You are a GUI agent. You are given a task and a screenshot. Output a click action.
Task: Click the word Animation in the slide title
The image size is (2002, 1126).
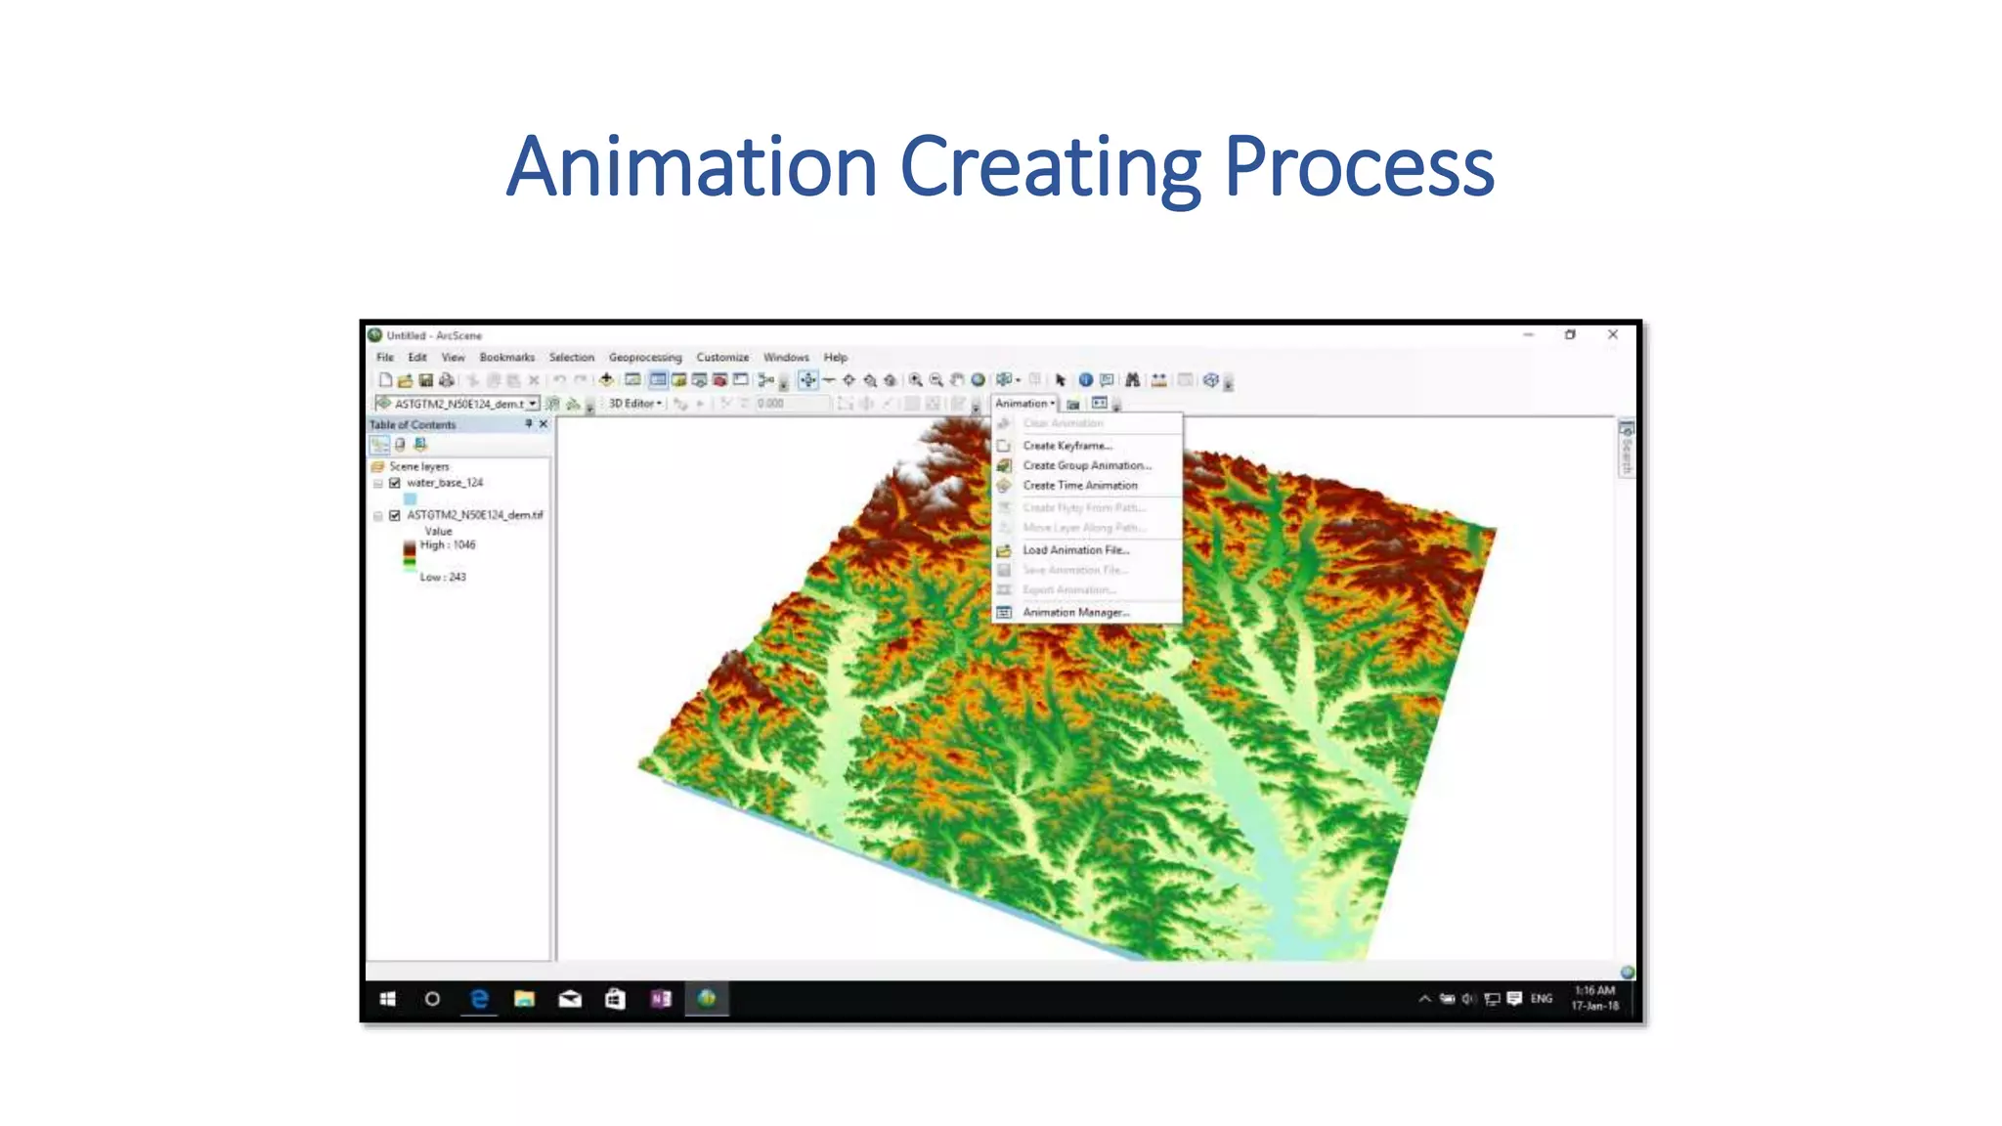click(x=691, y=166)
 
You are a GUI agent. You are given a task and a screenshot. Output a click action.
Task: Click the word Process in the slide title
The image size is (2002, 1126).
click(x=1359, y=168)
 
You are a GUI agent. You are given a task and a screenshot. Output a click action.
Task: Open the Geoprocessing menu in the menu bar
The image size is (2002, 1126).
click(x=645, y=358)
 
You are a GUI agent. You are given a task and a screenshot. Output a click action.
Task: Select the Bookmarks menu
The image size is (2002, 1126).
click(x=506, y=358)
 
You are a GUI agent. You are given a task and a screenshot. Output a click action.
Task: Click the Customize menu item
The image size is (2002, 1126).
click(x=722, y=358)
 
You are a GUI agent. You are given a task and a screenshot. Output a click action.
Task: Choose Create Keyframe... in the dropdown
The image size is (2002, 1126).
click(x=1067, y=446)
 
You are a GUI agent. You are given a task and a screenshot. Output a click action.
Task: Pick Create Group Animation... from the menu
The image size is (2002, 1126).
click(x=1087, y=466)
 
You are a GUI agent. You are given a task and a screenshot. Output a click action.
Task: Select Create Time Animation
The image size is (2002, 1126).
click(x=1080, y=486)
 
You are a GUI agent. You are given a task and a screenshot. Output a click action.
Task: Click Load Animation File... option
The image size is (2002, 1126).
click(x=1076, y=550)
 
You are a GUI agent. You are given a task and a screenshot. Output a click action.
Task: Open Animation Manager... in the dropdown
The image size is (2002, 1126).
click(x=1076, y=613)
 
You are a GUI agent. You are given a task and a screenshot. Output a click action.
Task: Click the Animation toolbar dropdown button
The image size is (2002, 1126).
click(x=1024, y=404)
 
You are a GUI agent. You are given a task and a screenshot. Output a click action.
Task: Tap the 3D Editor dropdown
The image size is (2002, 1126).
click(x=634, y=404)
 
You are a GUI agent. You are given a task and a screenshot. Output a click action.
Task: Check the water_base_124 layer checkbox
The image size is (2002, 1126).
click(x=395, y=483)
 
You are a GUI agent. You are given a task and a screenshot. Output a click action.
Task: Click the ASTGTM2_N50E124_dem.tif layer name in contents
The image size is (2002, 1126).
click(x=475, y=515)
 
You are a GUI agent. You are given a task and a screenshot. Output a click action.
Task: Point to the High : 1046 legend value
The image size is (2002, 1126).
click(x=448, y=545)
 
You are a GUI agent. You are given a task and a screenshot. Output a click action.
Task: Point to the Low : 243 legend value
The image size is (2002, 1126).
click(x=443, y=578)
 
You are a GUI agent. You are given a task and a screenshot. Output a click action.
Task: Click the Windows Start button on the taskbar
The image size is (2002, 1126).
click(x=387, y=999)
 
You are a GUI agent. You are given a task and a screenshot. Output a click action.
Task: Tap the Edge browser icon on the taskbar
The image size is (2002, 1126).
click(x=479, y=999)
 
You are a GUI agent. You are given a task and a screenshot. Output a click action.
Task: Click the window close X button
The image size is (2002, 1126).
click(x=1613, y=335)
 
